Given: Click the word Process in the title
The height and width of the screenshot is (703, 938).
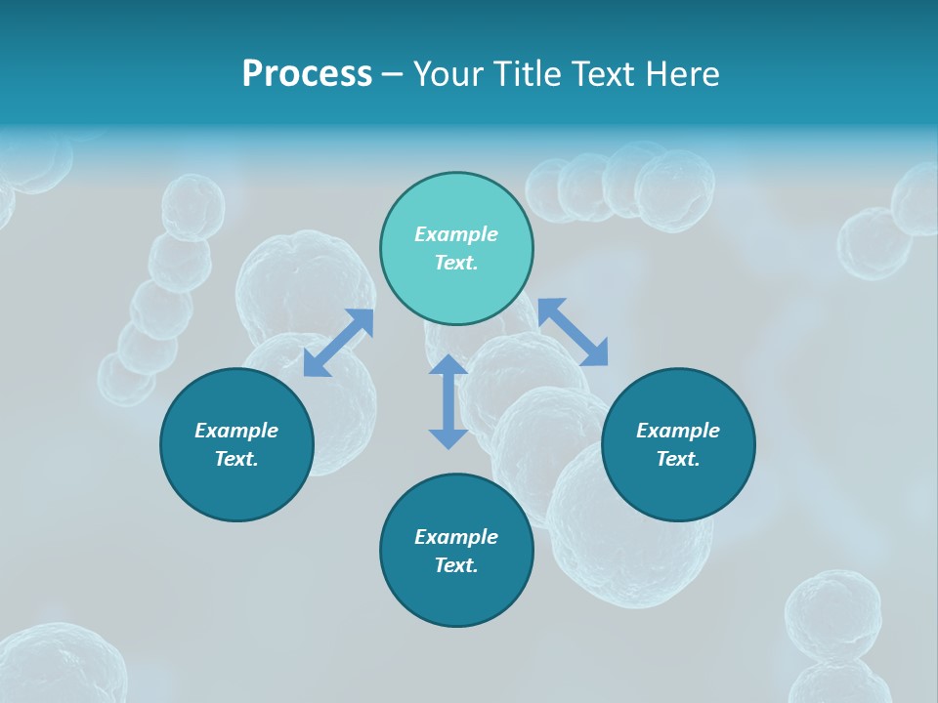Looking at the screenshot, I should (307, 74).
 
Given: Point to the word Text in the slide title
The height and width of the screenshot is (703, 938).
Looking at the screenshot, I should (600, 74).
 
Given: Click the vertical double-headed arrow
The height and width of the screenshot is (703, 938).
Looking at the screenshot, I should (448, 401).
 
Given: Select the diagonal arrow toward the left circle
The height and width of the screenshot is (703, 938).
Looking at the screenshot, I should (338, 343).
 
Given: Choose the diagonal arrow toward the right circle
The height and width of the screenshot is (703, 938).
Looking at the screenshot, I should (573, 332).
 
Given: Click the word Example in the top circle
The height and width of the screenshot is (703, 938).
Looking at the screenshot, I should (456, 234).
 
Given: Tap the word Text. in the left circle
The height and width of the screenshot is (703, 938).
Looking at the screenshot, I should (236, 459).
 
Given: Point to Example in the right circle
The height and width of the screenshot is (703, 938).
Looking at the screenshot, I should (678, 431).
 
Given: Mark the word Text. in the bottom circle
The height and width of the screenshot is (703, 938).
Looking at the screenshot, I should (456, 565).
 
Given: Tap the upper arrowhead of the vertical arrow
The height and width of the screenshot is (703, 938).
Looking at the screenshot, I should (448, 366).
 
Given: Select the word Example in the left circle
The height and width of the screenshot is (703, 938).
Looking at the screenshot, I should (236, 431).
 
